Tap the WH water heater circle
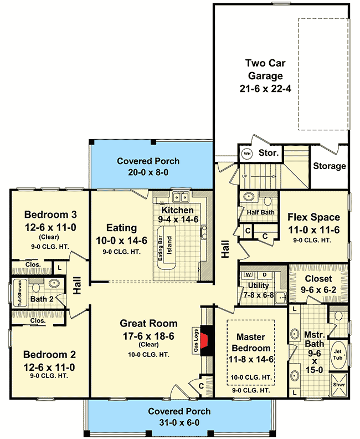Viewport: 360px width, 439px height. pos(246,152)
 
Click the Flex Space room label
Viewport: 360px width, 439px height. pos(313,217)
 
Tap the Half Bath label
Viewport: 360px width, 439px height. pos(260,212)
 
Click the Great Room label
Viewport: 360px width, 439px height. pos(149,324)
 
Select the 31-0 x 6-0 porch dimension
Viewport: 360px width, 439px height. pos(179,421)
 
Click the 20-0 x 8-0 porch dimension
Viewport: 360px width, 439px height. pos(148,172)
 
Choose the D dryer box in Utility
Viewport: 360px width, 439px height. pos(264,274)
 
